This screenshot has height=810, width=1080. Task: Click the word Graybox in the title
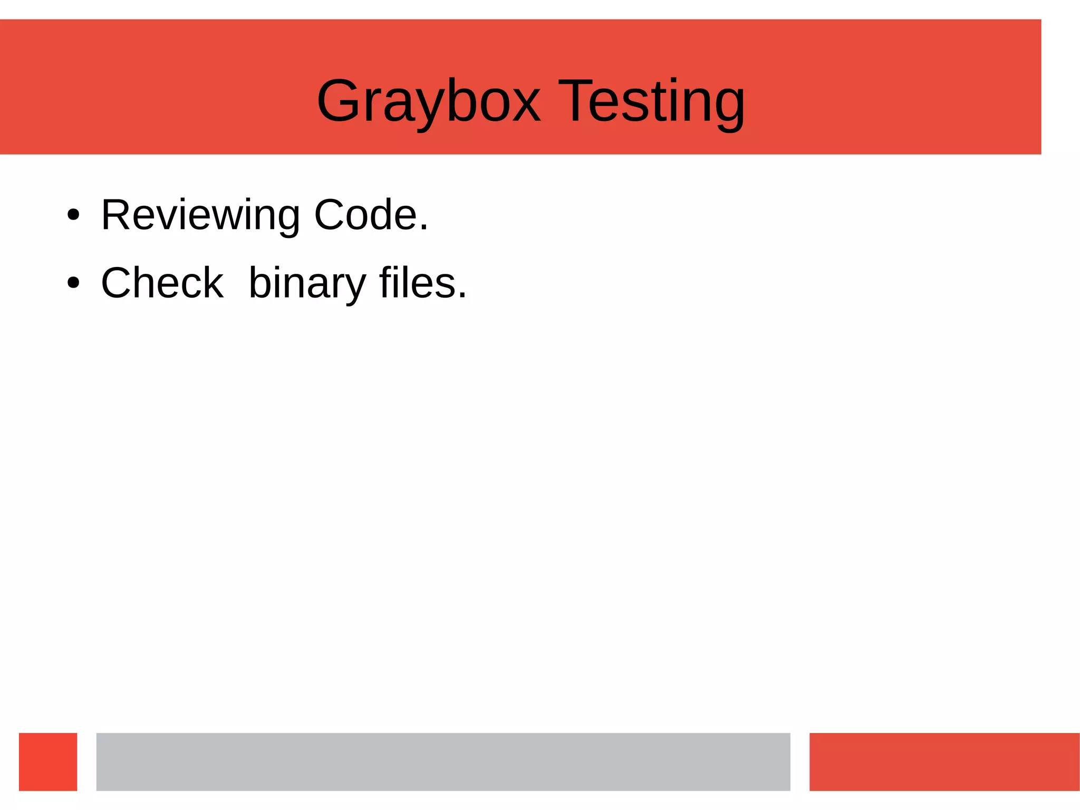(428, 101)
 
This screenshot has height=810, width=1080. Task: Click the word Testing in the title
(651, 101)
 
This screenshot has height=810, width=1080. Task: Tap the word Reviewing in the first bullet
(200, 215)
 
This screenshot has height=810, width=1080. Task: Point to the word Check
(162, 283)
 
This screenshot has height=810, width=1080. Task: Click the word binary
(307, 283)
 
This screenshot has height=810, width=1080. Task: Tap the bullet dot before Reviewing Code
(73, 215)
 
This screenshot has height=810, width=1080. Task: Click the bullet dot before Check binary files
(73, 283)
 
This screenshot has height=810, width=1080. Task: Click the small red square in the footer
(48, 761)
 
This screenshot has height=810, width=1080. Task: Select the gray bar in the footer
(443, 761)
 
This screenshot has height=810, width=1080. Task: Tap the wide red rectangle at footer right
(944, 761)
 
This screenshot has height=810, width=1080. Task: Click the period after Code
(424, 228)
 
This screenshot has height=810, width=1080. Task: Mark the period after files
(462, 297)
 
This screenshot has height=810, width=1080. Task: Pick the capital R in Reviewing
(116, 215)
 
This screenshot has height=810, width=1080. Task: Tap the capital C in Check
(118, 283)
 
